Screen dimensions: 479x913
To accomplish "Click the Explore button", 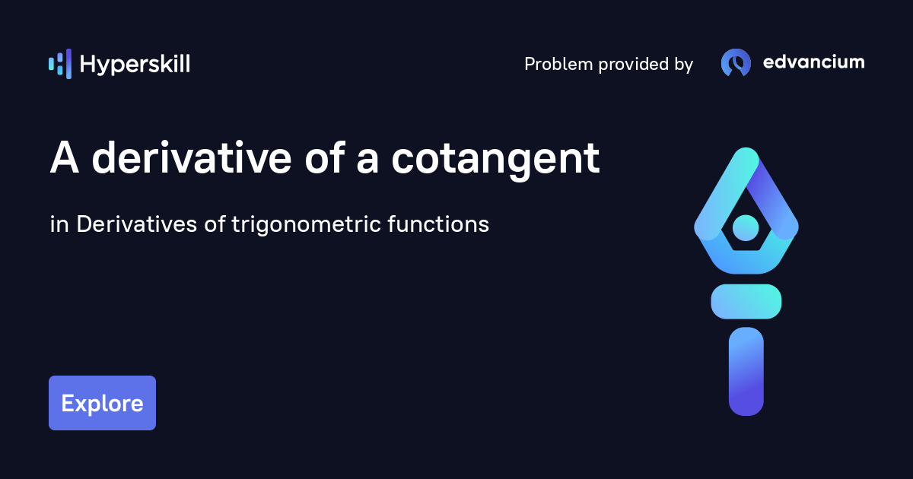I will point(102,403).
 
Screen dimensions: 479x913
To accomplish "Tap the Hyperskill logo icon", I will point(60,64).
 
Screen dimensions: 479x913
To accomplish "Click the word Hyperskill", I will point(135,65).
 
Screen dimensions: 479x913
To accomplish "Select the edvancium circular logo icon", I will point(736,63).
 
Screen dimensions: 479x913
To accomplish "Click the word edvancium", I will point(813,62).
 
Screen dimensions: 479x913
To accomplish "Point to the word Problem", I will point(558,65).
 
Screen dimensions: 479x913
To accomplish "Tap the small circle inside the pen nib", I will point(746,227).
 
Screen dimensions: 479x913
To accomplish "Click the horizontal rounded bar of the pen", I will point(746,301).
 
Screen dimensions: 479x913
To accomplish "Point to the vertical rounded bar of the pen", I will point(746,372).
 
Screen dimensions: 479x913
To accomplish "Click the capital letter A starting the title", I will point(65,159).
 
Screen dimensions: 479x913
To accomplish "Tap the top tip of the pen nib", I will point(746,156).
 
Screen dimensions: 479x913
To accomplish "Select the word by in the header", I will point(682,65).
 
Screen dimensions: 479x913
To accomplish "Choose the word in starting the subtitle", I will point(58,225).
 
